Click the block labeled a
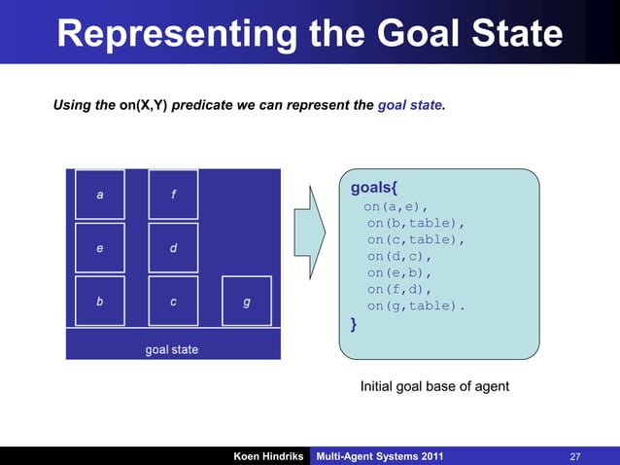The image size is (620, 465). [100, 195]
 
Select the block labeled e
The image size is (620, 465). [100, 248]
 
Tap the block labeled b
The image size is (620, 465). [100, 302]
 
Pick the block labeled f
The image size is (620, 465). [173, 195]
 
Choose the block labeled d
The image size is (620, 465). [173, 248]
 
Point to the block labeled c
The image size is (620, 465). [173, 302]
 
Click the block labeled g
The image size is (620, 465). [247, 302]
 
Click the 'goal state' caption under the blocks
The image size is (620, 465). [172, 349]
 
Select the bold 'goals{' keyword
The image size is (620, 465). [374, 186]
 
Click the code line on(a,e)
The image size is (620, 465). [396, 206]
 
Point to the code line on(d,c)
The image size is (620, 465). [398, 256]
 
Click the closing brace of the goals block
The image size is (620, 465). [354, 326]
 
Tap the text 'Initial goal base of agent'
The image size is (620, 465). [434, 387]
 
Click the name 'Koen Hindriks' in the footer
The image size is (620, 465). [268, 456]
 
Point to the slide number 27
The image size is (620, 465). [575, 456]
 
